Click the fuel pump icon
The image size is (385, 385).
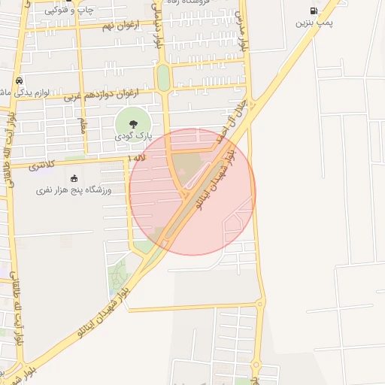point(313,11)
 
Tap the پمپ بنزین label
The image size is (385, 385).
point(312,23)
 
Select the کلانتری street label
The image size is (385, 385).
point(43,164)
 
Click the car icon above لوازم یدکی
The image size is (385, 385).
point(18,80)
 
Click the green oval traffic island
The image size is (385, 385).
point(163,77)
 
